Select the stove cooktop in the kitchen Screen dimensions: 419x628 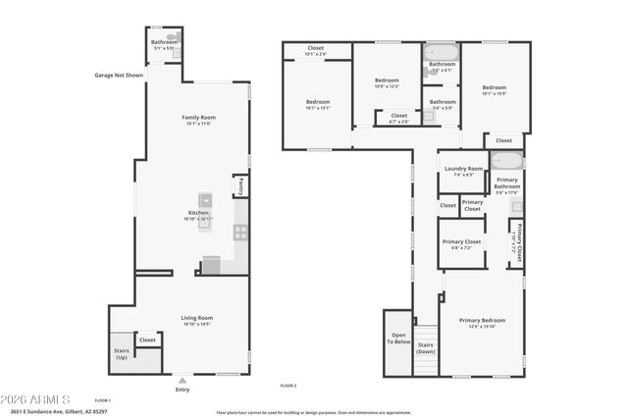(239, 233)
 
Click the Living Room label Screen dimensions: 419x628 (196, 319)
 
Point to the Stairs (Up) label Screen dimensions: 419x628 (120, 354)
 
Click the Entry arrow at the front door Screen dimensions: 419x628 (183, 378)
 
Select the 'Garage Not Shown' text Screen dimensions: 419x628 (119, 75)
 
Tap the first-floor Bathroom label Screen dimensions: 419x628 (164, 42)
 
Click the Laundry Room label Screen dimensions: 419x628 (463, 170)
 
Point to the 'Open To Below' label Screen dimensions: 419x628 (397, 339)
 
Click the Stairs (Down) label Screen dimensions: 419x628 (426, 347)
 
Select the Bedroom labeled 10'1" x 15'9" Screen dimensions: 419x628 (494, 90)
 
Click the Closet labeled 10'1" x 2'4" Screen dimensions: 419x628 (316, 50)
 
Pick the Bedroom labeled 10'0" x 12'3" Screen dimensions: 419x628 (387, 82)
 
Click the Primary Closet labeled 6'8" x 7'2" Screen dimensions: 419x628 (460, 243)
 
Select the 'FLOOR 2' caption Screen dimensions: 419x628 (288, 386)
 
